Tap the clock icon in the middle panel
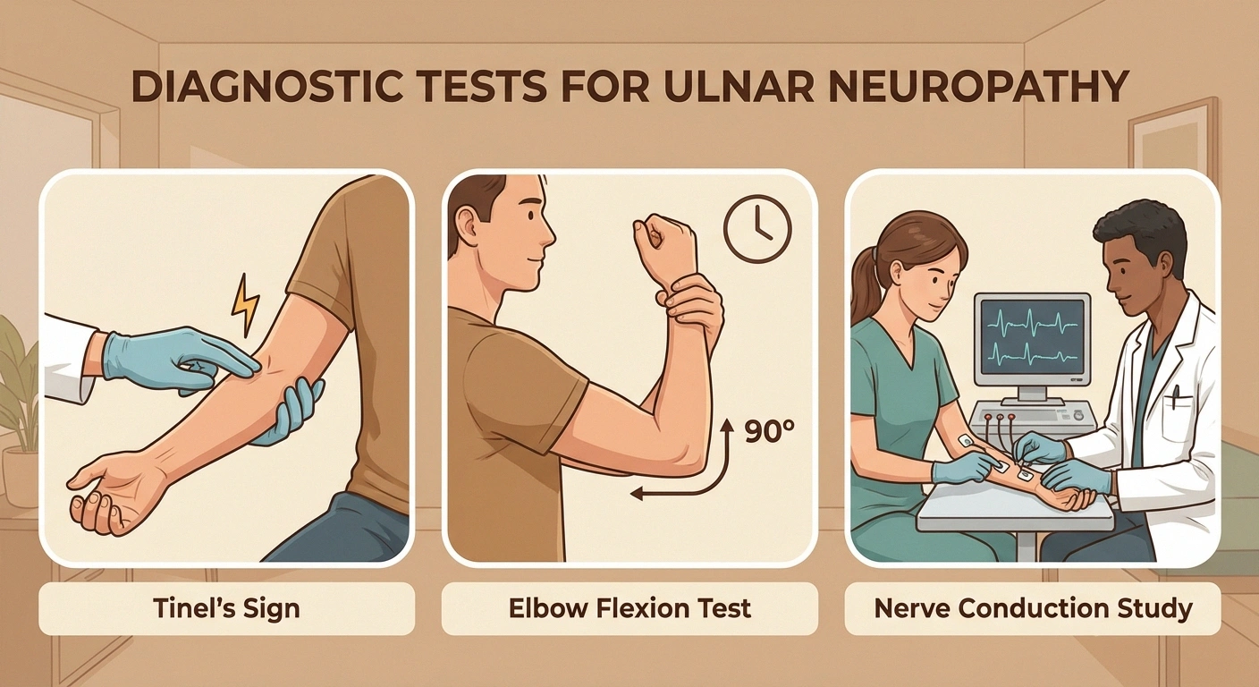pyautogui.click(x=757, y=228)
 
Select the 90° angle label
pyautogui.click(x=769, y=432)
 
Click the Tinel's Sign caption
pyautogui.click(x=226, y=609)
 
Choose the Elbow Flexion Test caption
pyautogui.click(x=629, y=609)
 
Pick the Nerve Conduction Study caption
pyautogui.click(x=1033, y=609)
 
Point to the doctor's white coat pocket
pyautogui.click(x=1179, y=416)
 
